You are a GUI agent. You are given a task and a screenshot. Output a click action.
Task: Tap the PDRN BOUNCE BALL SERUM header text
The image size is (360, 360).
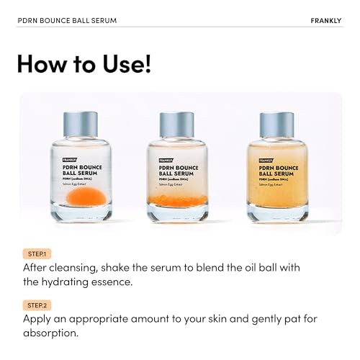click(67, 19)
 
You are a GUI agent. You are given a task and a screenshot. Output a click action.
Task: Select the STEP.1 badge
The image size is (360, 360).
click(35, 253)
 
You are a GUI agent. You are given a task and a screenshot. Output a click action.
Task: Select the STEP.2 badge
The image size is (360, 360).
click(36, 305)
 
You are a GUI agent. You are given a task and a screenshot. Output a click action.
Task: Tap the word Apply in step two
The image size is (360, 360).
click(39, 319)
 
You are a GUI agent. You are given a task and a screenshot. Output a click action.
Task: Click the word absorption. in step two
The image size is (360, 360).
click(51, 333)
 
